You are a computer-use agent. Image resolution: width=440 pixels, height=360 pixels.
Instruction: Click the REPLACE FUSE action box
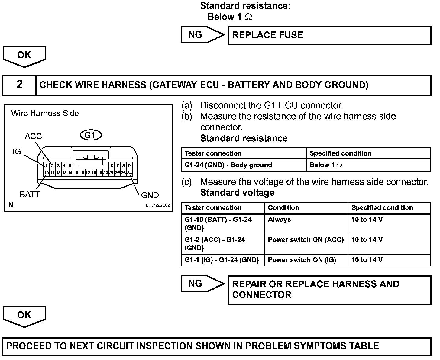329,35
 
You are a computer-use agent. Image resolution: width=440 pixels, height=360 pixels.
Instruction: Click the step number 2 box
19,85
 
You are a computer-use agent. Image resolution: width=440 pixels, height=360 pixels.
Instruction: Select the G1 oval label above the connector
90,135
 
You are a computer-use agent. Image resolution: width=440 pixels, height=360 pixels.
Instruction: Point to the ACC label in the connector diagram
33,137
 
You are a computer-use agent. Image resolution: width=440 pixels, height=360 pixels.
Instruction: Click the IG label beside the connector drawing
17,152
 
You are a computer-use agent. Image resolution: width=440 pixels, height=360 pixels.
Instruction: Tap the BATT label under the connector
30,194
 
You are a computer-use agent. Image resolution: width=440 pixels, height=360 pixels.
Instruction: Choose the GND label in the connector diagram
150,195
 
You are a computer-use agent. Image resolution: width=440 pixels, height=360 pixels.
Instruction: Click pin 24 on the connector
129,173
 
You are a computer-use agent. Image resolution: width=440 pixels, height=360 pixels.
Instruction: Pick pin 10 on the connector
46,173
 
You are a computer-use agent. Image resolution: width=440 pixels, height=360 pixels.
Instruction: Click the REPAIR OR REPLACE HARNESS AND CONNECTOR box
329,290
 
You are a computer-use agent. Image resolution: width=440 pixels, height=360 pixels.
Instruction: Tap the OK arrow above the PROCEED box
24,316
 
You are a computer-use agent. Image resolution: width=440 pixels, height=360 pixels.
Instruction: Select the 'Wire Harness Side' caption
45,113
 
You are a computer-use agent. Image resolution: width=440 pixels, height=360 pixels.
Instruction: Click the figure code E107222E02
158,205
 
